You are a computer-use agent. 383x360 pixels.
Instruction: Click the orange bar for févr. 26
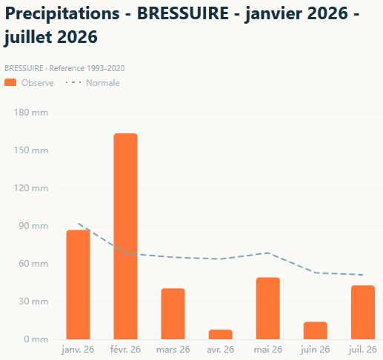pos(125,236)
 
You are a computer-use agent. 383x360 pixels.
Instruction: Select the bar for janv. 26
pos(78,284)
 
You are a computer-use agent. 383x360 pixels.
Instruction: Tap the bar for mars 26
pos(173,313)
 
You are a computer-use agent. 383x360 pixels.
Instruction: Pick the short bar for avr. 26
pos(221,334)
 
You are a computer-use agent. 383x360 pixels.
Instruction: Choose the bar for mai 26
pos(268,308)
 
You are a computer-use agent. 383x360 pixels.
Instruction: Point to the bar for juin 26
pos(316,330)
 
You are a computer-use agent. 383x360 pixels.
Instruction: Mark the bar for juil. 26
pos(363,312)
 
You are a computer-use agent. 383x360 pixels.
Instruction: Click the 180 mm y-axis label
pos(31,113)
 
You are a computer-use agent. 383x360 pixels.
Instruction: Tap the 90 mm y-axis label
pos(33,226)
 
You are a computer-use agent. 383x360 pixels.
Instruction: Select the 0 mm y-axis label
pos(36,339)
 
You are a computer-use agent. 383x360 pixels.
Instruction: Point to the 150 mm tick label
pos(31,150)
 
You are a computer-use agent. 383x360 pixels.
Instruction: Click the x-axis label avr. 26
pos(221,350)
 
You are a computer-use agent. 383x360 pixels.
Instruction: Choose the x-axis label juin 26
pos(316,350)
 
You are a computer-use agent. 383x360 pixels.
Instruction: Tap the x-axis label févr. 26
pos(125,350)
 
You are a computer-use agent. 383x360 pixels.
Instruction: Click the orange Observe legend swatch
pos(10,82)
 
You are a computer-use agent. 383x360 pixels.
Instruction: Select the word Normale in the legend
pos(103,83)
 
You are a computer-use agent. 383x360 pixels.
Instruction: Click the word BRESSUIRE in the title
pos(183,13)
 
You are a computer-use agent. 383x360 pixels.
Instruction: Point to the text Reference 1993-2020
pos(87,68)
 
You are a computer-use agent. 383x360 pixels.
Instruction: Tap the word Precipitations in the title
pos(62,14)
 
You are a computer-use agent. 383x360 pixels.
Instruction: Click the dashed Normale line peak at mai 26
pos(268,253)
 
